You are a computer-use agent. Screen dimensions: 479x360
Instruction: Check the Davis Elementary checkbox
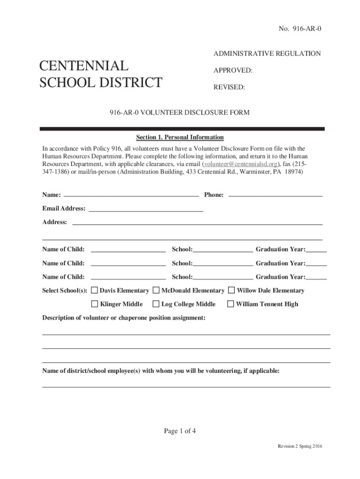(x=94, y=290)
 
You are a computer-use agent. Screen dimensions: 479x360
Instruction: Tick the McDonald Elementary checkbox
(x=156, y=290)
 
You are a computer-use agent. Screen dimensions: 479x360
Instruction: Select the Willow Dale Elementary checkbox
(x=230, y=290)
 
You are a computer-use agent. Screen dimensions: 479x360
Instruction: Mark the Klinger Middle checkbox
(x=94, y=304)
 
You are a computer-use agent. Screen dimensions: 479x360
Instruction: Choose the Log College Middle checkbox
(x=156, y=304)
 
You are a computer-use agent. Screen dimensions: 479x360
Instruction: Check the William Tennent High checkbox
(x=230, y=304)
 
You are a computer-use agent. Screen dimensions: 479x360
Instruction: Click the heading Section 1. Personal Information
(x=180, y=137)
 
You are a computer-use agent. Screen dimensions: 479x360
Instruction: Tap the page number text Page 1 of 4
(x=180, y=431)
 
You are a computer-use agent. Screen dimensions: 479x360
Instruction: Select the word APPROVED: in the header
(x=233, y=70)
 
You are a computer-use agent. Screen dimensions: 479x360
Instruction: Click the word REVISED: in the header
(x=229, y=87)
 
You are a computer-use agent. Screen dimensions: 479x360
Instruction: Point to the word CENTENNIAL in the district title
(x=84, y=66)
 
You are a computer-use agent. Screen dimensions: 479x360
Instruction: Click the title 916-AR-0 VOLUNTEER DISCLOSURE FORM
(x=180, y=113)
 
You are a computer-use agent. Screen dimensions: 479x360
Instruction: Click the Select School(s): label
(x=65, y=290)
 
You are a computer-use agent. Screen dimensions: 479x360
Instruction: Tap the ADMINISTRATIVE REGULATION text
(x=267, y=54)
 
